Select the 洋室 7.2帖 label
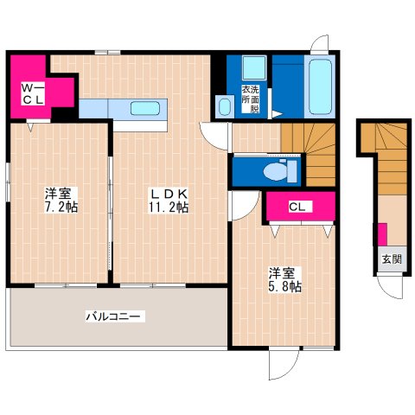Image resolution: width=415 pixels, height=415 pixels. tap(59, 201)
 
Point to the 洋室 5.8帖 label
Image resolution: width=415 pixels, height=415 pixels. tap(283, 280)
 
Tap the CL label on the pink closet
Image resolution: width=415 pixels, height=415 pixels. tap(297, 207)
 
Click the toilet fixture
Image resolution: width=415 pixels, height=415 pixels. tap(276, 170)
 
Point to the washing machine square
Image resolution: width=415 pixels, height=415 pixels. tap(254, 68)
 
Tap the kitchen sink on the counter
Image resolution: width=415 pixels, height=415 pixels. tap(142, 109)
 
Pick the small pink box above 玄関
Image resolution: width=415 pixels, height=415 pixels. tap(381, 234)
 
